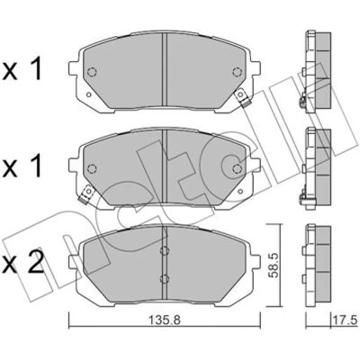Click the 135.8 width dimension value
tap(165, 321)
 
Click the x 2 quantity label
tap(23, 262)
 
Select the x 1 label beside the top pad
tap(22, 68)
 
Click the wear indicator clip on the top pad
tap(242, 98)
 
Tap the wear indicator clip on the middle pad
tap(86, 194)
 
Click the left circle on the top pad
tap(92, 72)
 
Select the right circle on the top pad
tap(237, 72)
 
